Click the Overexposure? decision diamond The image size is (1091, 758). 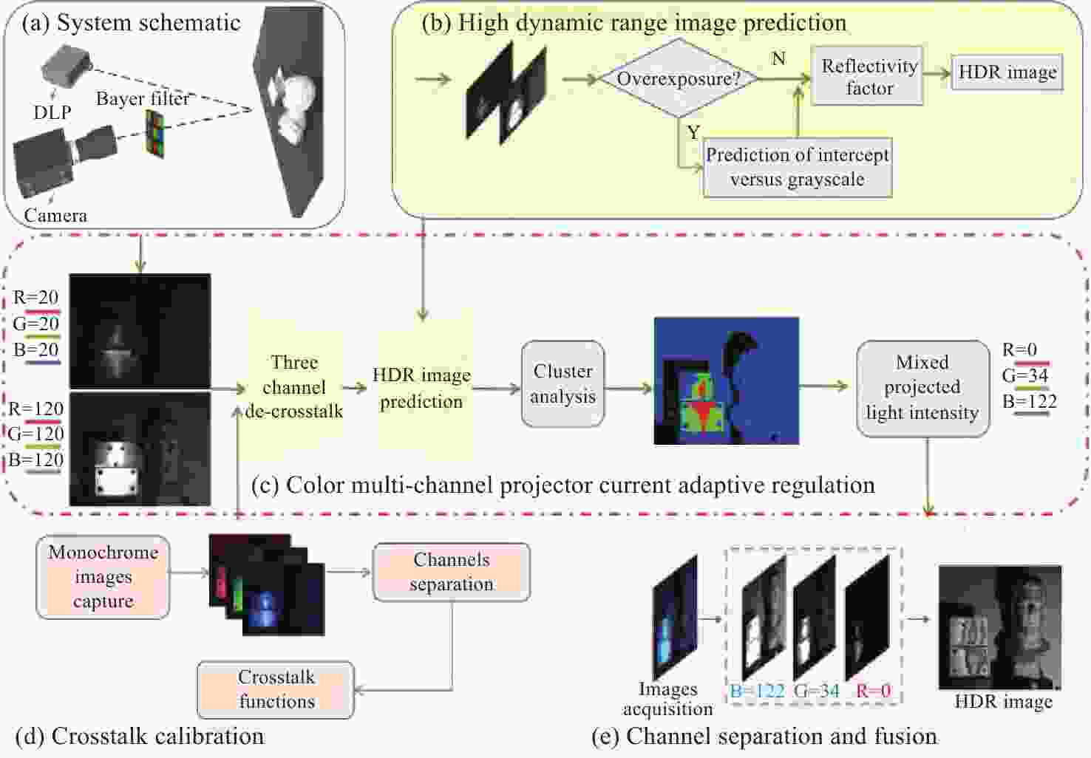coord(678,78)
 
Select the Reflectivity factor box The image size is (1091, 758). coord(869,77)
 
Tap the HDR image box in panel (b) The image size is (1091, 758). coord(1007,72)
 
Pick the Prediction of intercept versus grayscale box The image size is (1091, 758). coord(797,167)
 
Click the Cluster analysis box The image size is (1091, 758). coord(563,383)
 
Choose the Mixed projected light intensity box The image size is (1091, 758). coord(922,388)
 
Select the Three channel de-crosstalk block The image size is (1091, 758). coord(293,387)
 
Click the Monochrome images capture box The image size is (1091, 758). coord(103,577)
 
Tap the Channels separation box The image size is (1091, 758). coord(451,572)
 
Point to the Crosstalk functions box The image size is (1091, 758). coord(276,689)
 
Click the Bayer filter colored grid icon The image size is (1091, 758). coord(154,132)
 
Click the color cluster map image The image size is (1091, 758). coord(726,381)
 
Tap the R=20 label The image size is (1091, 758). coord(35,298)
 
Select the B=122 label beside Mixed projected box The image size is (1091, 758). coord(1029,402)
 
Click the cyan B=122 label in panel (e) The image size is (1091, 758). coord(757,692)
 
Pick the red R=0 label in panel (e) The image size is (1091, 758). coord(873,692)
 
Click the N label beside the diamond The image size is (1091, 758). coord(778,58)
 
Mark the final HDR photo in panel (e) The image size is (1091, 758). coord(999,627)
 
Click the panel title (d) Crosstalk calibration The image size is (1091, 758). coord(140,736)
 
